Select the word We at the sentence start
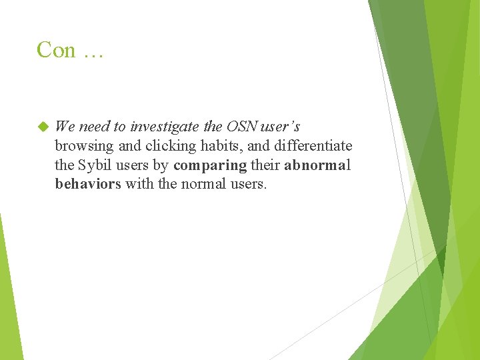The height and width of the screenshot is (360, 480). (65, 126)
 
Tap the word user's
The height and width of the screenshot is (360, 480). (279, 126)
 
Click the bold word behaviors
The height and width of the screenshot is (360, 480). (88, 184)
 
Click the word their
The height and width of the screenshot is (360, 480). (265, 165)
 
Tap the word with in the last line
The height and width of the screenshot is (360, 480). (139, 184)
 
